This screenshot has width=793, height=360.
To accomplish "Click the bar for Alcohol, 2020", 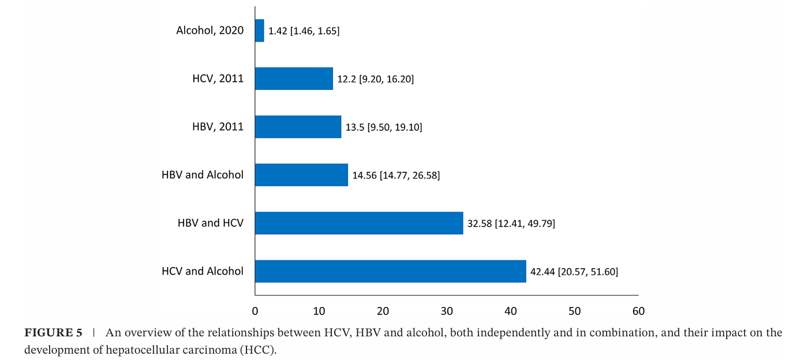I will tap(260, 31).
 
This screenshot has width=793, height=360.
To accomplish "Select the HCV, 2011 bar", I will tap(294, 78).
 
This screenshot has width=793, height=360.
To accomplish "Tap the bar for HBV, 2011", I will tap(298, 127).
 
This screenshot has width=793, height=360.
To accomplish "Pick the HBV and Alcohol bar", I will tap(301, 175).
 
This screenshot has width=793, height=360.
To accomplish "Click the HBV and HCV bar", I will tap(358, 223).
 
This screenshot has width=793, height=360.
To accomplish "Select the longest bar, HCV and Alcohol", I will tap(390, 271).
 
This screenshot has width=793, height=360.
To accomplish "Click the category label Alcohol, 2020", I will tap(210, 31).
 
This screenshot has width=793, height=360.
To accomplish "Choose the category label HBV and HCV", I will tap(210, 223).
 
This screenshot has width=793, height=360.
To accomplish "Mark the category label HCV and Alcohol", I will tap(202, 271).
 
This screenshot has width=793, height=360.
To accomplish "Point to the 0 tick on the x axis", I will tap(255, 312).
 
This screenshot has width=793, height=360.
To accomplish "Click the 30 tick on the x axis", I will tap(447, 312).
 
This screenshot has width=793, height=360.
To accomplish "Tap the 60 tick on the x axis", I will tap(638, 312).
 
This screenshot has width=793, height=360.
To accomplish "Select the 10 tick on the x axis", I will tap(319, 312).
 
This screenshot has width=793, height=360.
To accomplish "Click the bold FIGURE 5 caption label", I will tap(53, 333).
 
